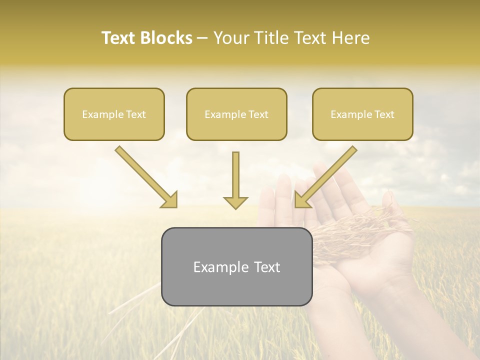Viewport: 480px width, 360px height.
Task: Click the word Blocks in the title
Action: pyautogui.click(x=167, y=38)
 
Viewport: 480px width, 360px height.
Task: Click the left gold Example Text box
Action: pyautogui.click(x=114, y=114)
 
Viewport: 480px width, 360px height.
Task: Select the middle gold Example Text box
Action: pyautogui.click(x=236, y=114)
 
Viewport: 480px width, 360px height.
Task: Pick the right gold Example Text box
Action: pyautogui.click(x=362, y=114)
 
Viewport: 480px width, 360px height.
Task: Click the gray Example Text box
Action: pyautogui.click(x=236, y=266)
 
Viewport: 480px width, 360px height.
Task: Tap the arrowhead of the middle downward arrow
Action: pyautogui.click(x=235, y=202)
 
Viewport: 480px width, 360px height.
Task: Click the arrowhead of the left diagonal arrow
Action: pyautogui.click(x=170, y=200)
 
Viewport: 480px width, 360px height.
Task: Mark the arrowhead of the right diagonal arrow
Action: pyautogui.click(x=301, y=200)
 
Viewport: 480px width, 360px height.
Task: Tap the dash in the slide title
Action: pyautogui.click(x=203, y=38)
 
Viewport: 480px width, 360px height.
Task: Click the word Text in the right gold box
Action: pyautogui.click(x=384, y=114)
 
